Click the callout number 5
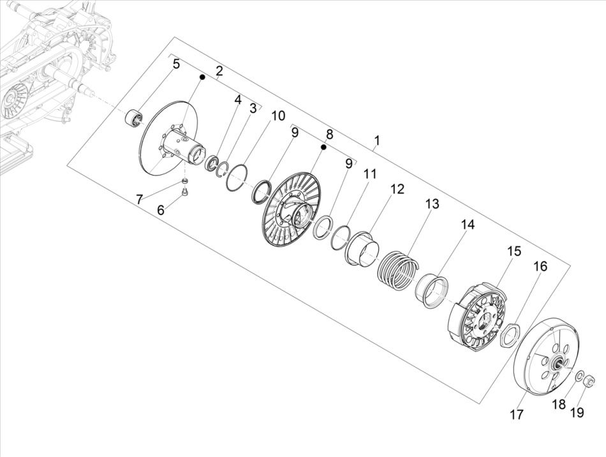point(176,64)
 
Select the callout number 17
point(516,415)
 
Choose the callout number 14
point(467,225)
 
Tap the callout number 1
point(377,140)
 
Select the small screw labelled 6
point(184,193)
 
